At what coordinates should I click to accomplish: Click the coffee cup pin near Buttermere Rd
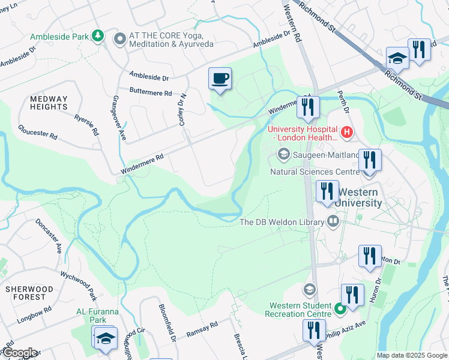[x=220, y=79]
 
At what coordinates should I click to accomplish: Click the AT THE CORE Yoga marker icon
[x=119, y=39]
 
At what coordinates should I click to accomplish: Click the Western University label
[x=359, y=198]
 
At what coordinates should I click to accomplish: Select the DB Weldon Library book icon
[x=332, y=222]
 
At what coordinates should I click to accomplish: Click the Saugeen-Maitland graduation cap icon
[x=283, y=155]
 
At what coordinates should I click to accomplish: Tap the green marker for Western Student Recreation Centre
[x=340, y=310]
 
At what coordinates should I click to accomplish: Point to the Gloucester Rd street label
[x=38, y=133]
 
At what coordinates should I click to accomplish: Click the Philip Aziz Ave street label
[x=348, y=328]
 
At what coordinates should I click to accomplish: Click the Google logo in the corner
[x=19, y=353]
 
